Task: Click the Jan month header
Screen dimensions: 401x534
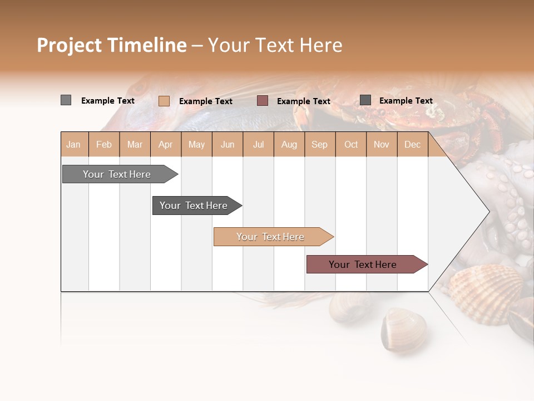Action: [74, 144]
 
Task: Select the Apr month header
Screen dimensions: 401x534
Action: [166, 144]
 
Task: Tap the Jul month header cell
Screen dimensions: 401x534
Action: [258, 144]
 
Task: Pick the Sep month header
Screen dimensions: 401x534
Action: [319, 144]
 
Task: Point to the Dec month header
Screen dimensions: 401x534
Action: [412, 144]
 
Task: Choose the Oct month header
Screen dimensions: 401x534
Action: [351, 144]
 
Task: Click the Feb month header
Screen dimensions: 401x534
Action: [104, 144]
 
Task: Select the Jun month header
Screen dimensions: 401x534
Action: [228, 144]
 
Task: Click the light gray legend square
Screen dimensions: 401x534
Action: [66, 100]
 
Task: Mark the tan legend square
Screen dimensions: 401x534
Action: [164, 101]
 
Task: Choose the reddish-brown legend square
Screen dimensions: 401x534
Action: [263, 101]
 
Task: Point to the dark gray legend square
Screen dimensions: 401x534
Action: [365, 100]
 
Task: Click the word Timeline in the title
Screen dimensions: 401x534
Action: [146, 45]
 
